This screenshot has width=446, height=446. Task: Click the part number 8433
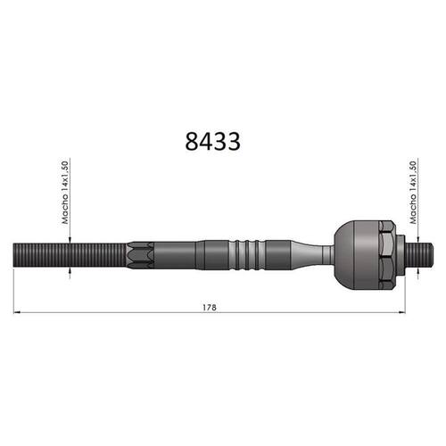click(x=212, y=141)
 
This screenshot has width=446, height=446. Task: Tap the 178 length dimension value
click(x=210, y=308)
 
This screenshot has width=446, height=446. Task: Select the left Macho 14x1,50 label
click(x=65, y=193)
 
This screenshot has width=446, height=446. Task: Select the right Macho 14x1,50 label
click(x=413, y=193)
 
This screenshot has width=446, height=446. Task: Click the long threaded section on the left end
click(x=70, y=255)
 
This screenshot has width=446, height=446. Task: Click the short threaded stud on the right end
click(x=419, y=255)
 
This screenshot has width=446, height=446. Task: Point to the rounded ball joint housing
click(x=357, y=255)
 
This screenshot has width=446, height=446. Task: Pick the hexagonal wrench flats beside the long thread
click(x=140, y=255)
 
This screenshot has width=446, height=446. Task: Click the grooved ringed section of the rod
click(x=247, y=255)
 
